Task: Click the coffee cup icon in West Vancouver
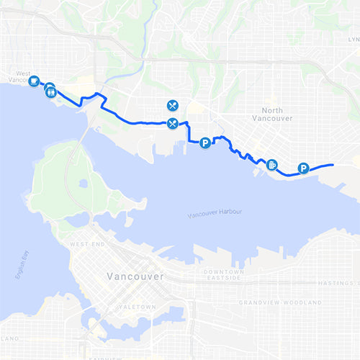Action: pos(34,82)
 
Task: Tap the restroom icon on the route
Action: pos(50,90)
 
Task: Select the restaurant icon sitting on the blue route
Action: pos(172,123)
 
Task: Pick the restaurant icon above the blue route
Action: pos(172,105)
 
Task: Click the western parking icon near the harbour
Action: pos(205,143)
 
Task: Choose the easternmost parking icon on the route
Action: pos(303,168)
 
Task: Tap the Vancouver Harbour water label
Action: pos(214,215)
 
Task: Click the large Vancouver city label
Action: pos(135,276)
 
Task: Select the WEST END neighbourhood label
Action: pos(84,245)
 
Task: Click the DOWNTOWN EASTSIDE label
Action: pos(222,274)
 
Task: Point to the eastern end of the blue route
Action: pos(333,165)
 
